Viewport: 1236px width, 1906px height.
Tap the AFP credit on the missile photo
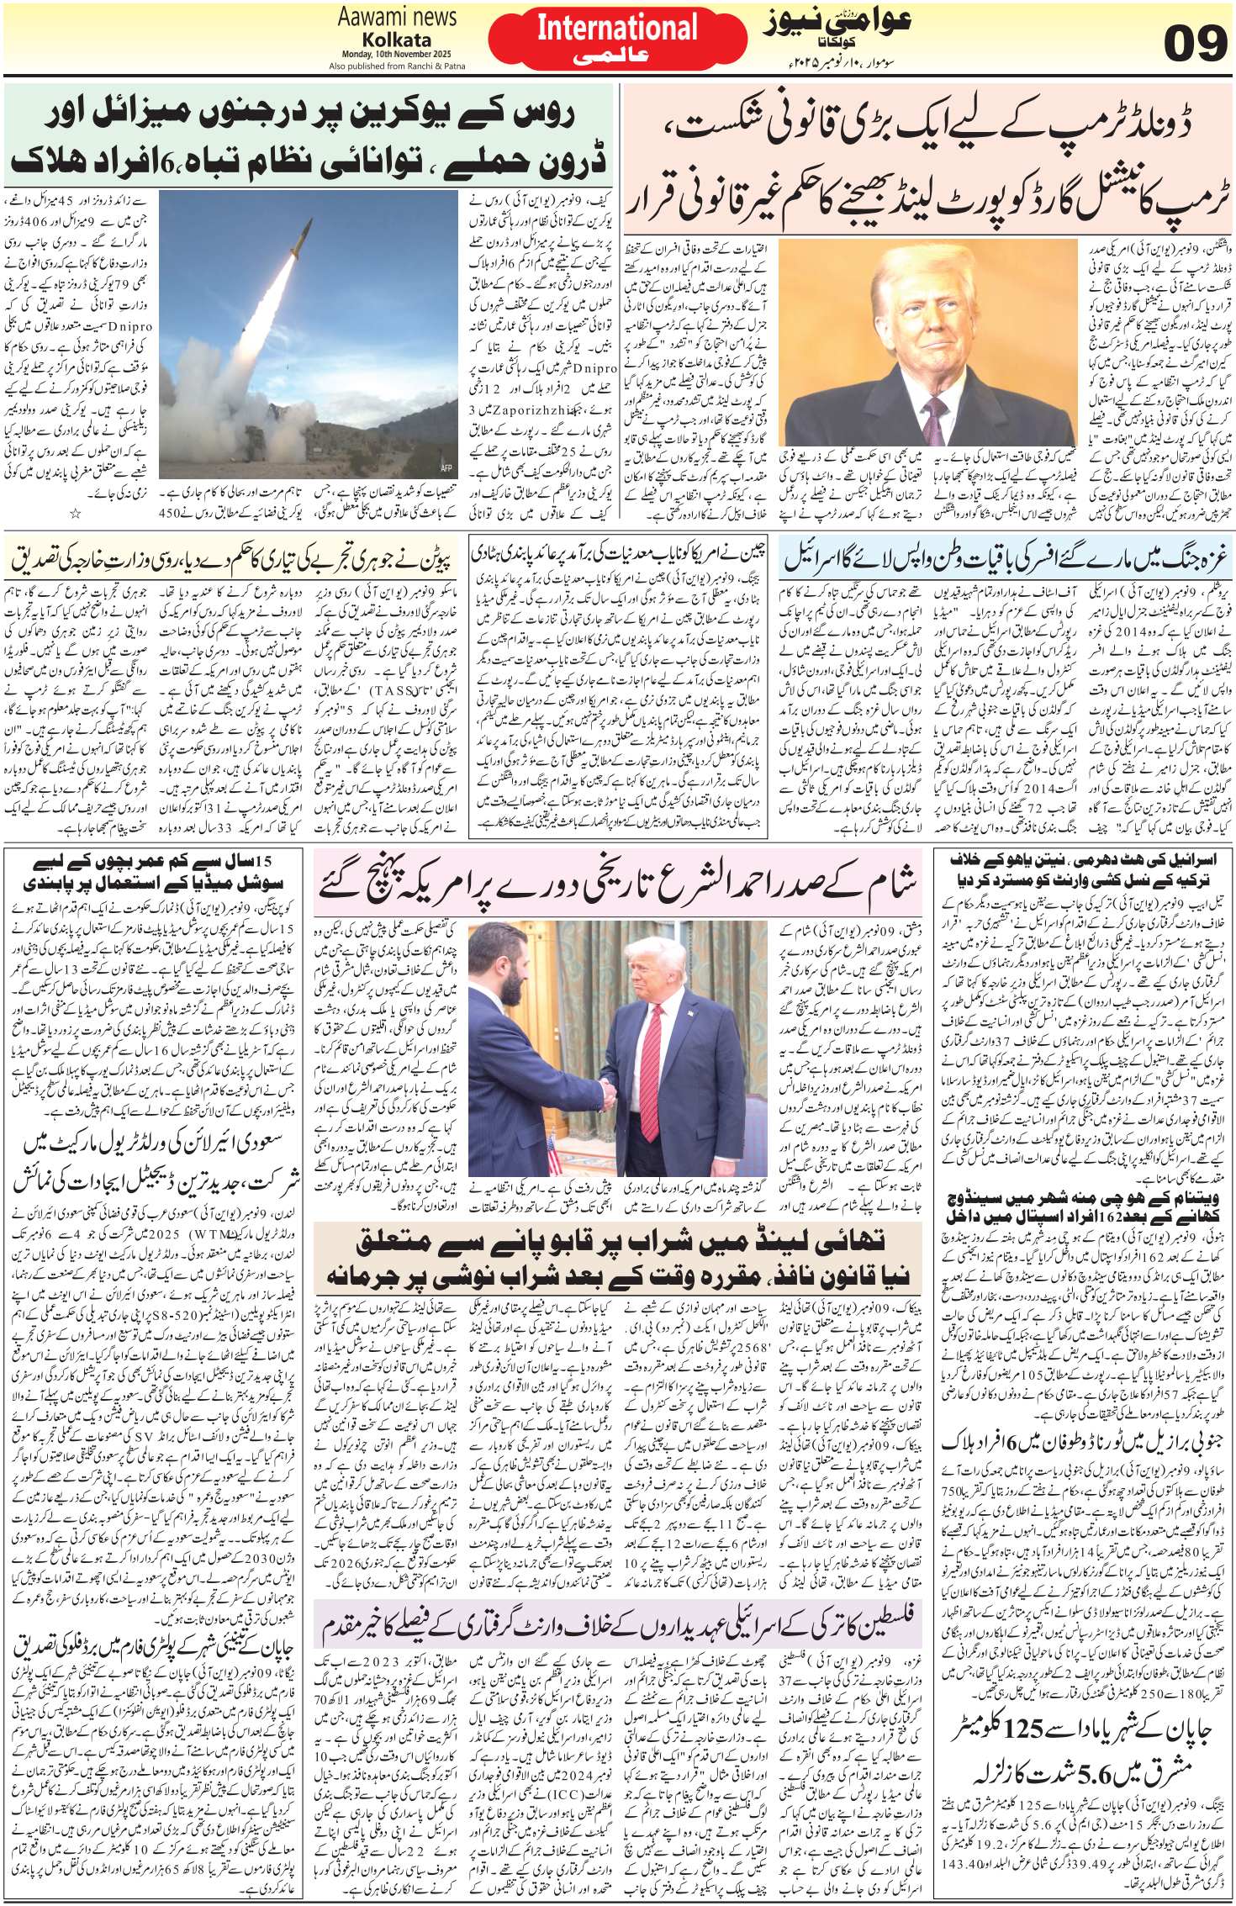pyautogui.click(x=446, y=467)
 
